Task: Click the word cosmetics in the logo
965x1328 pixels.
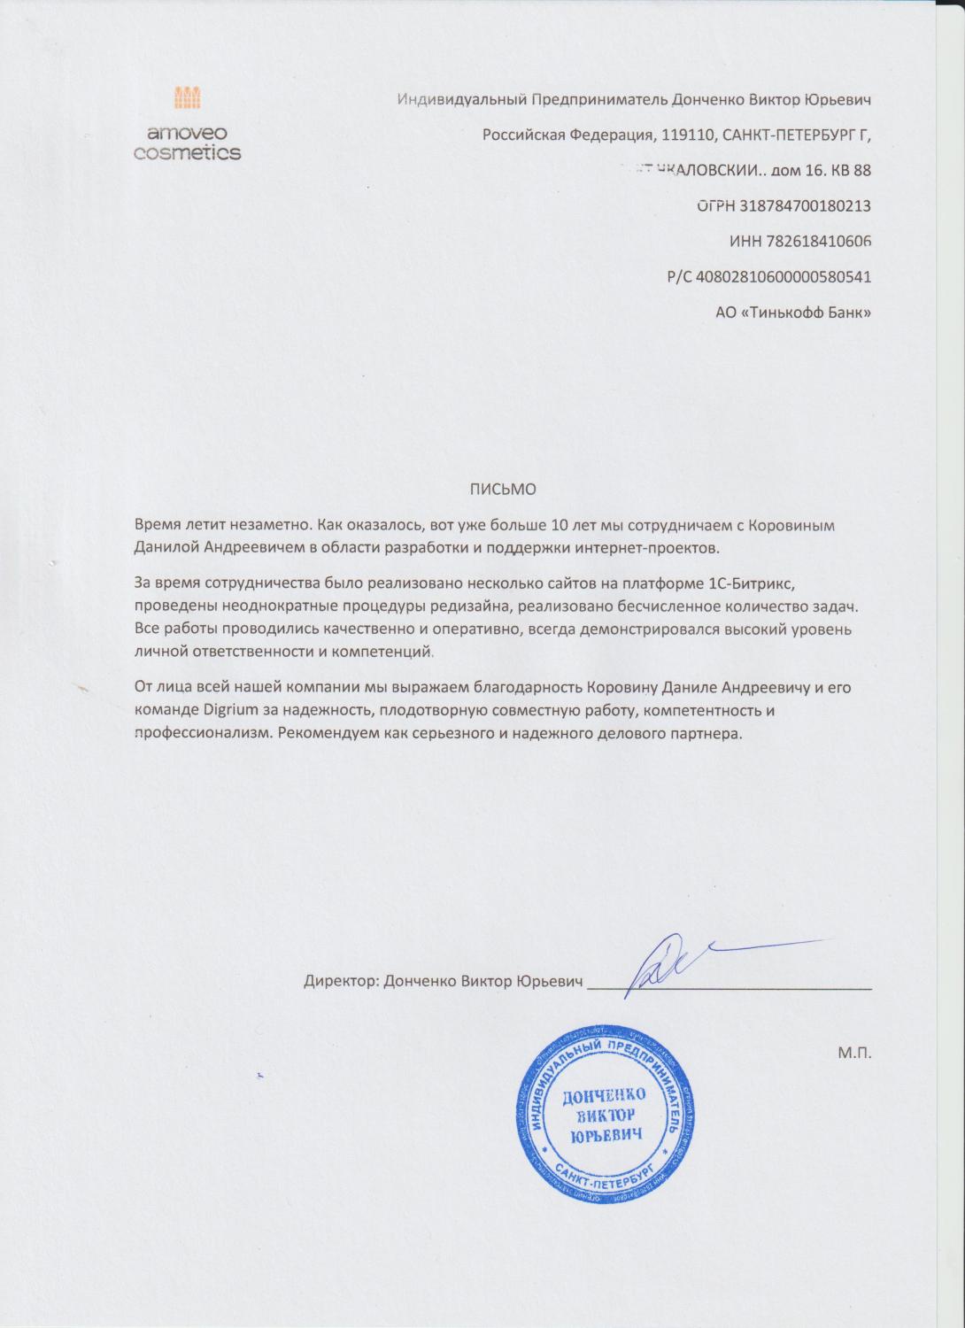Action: click(x=187, y=153)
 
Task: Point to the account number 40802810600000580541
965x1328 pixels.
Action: click(x=784, y=276)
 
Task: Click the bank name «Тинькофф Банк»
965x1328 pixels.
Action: click(x=805, y=312)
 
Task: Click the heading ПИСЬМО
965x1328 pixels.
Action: click(x=502, y=489)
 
